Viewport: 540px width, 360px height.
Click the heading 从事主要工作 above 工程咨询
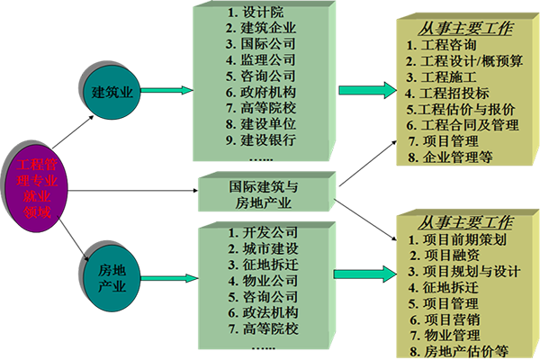(454, 28)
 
